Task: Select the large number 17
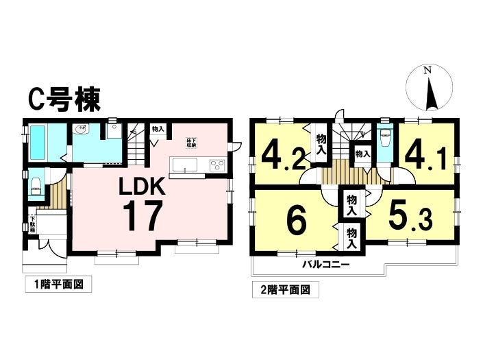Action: click(x=143, y=216)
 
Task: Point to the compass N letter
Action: click(x=428, y=71)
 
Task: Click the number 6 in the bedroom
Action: click(x=295, y=221)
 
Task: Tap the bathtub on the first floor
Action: click(x=38, y=141)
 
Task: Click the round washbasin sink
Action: click(x=82, y=128)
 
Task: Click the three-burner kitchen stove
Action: click(x=216, y=165)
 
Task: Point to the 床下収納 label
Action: click(x=192, y=143)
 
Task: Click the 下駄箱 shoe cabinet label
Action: click(x=32, y=224)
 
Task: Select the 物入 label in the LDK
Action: click(x=158, y=129)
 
